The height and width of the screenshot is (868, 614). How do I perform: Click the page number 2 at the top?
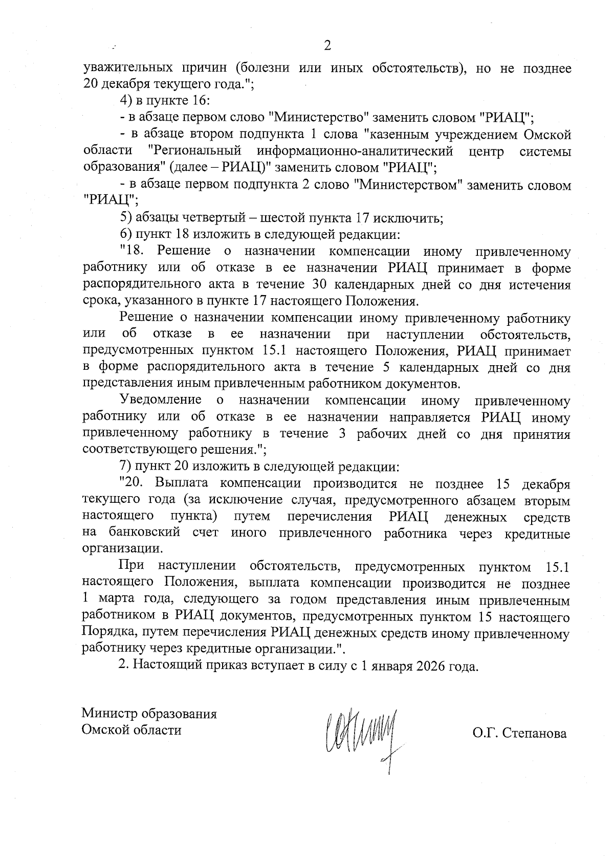point(327,46)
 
